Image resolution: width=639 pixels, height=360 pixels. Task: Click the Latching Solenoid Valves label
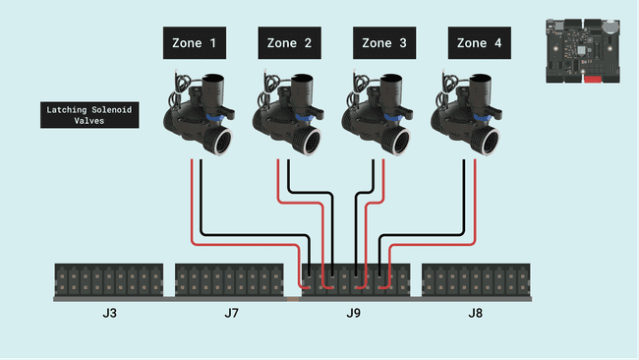pos(88,115)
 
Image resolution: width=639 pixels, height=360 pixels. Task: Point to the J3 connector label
pos(109,314)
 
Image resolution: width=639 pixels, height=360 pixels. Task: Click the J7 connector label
pos(231,314)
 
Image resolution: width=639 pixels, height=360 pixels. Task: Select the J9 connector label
pos(355,314)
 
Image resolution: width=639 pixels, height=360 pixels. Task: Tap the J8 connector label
pos(476,314)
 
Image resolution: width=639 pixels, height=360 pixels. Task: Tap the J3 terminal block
pos(109,279)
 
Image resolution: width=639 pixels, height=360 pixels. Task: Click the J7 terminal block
pos(230,279)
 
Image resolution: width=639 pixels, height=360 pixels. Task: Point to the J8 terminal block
pos(477,279)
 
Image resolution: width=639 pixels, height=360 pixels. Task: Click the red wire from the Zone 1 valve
pos(191,207)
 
